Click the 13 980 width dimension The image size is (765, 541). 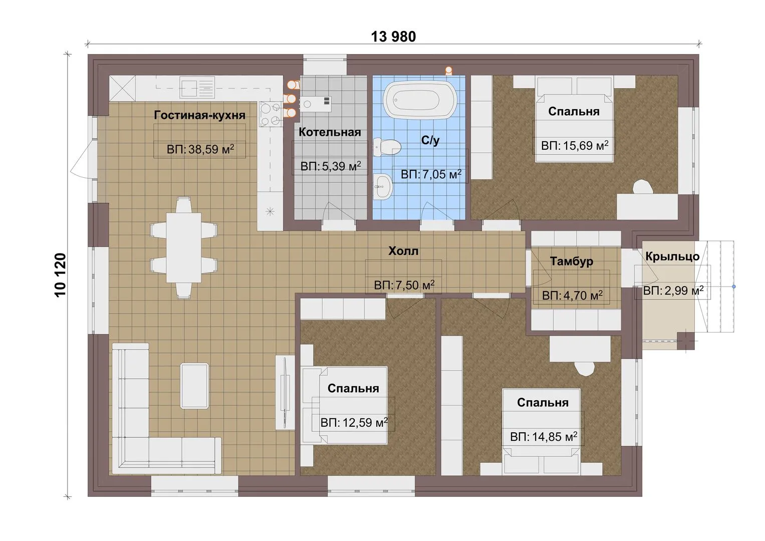coord(393,37)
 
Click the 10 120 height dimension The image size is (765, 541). coord(61,275)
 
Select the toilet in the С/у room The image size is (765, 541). coord(387,147)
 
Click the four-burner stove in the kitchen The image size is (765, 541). coord(271,114)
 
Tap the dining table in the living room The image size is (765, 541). coord(183,247)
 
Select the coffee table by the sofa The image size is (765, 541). coord(194,386)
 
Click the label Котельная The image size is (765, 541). coord(330,132)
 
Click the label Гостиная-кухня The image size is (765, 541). coord(199,115)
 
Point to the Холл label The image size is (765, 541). coord(403,251)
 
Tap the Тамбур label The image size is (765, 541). coord(571,261)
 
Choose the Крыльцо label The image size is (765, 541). coord(672,256)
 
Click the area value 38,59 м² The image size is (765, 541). coord(211,149)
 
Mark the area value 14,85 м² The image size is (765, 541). coord(555,437)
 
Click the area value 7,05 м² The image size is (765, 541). coord(442,174)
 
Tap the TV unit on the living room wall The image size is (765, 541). coord(285,392)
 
